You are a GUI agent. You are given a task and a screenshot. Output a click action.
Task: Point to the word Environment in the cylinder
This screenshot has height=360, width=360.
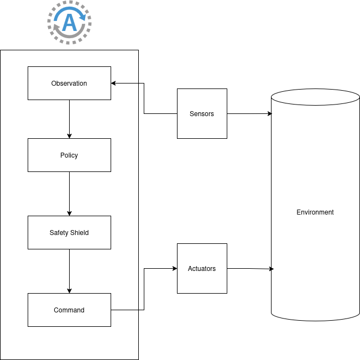pos(315,212)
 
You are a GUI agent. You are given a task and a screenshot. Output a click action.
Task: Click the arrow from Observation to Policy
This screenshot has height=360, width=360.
pos(69,119)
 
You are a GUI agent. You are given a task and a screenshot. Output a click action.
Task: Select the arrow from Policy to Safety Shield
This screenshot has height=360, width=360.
pos(69,194)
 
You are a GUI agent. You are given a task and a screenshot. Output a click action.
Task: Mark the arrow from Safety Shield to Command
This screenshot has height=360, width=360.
pos(69,271)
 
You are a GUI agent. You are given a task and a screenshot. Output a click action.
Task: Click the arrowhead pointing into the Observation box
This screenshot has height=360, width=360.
pos(113,84)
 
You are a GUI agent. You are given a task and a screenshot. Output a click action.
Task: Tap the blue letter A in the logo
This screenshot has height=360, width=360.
pos(70,23)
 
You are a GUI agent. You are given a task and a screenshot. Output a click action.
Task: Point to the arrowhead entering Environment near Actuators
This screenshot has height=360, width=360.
pos(272,269)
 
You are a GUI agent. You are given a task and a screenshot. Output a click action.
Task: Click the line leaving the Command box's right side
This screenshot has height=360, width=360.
pos(124,310)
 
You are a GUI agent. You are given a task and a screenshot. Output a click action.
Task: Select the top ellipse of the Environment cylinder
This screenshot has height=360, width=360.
pos(315,97)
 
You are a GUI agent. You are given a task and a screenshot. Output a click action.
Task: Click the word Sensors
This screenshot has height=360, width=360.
pos(202,114)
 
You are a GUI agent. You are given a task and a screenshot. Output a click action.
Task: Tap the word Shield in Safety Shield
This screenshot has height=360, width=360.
pos(79,233)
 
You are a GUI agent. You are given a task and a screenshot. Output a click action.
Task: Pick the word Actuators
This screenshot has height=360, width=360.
pos(202,269)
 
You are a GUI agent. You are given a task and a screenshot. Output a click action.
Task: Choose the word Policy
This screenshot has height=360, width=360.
pos(69,155)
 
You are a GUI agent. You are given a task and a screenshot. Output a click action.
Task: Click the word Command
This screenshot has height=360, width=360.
pos(69,310)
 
